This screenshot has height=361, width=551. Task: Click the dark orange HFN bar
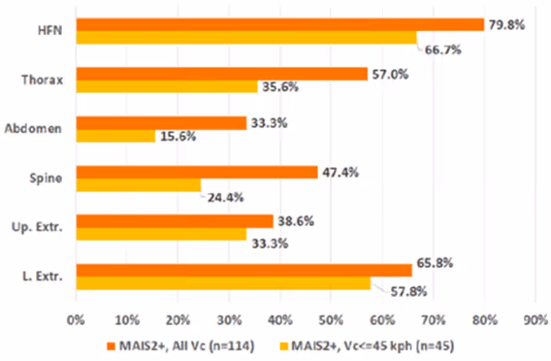pos(279,24)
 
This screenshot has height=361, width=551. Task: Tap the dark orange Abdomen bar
pos(161,123)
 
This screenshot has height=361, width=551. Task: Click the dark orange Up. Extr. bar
pos(175,221)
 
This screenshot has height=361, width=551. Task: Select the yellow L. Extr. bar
pos(223,283)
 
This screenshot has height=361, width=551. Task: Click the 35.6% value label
pos(279,88)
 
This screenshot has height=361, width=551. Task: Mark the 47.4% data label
pos(340,172)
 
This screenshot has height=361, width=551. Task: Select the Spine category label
pos(49,179)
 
